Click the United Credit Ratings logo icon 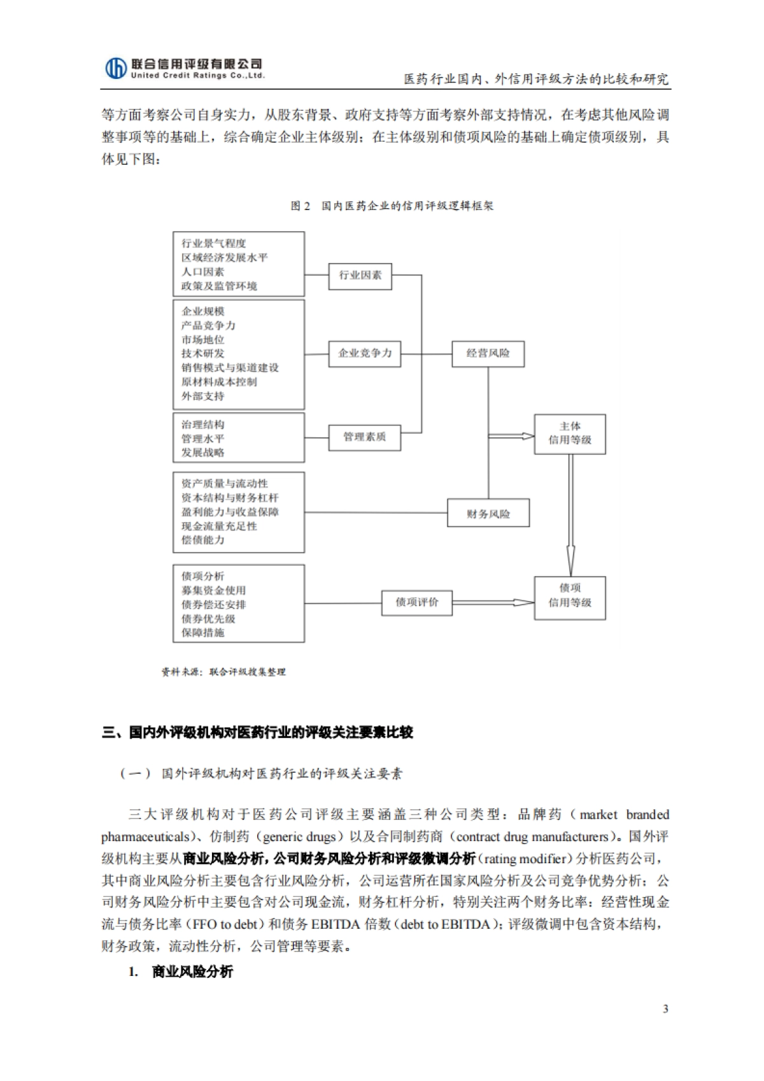(115, 67)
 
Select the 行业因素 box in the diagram (360, 275)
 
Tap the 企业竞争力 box (365, 353)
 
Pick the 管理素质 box (365, 437)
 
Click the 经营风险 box (488, 353)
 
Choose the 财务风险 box (488, 514)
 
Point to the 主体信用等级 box (570, 434)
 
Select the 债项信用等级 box (570, 597)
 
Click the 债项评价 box (417, 602)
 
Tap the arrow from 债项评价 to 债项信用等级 (493, 602)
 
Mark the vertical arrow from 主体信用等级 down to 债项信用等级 (570, 516)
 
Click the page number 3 (665, 1008)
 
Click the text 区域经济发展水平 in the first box (225, 257)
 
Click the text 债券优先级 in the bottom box (208, 619)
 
